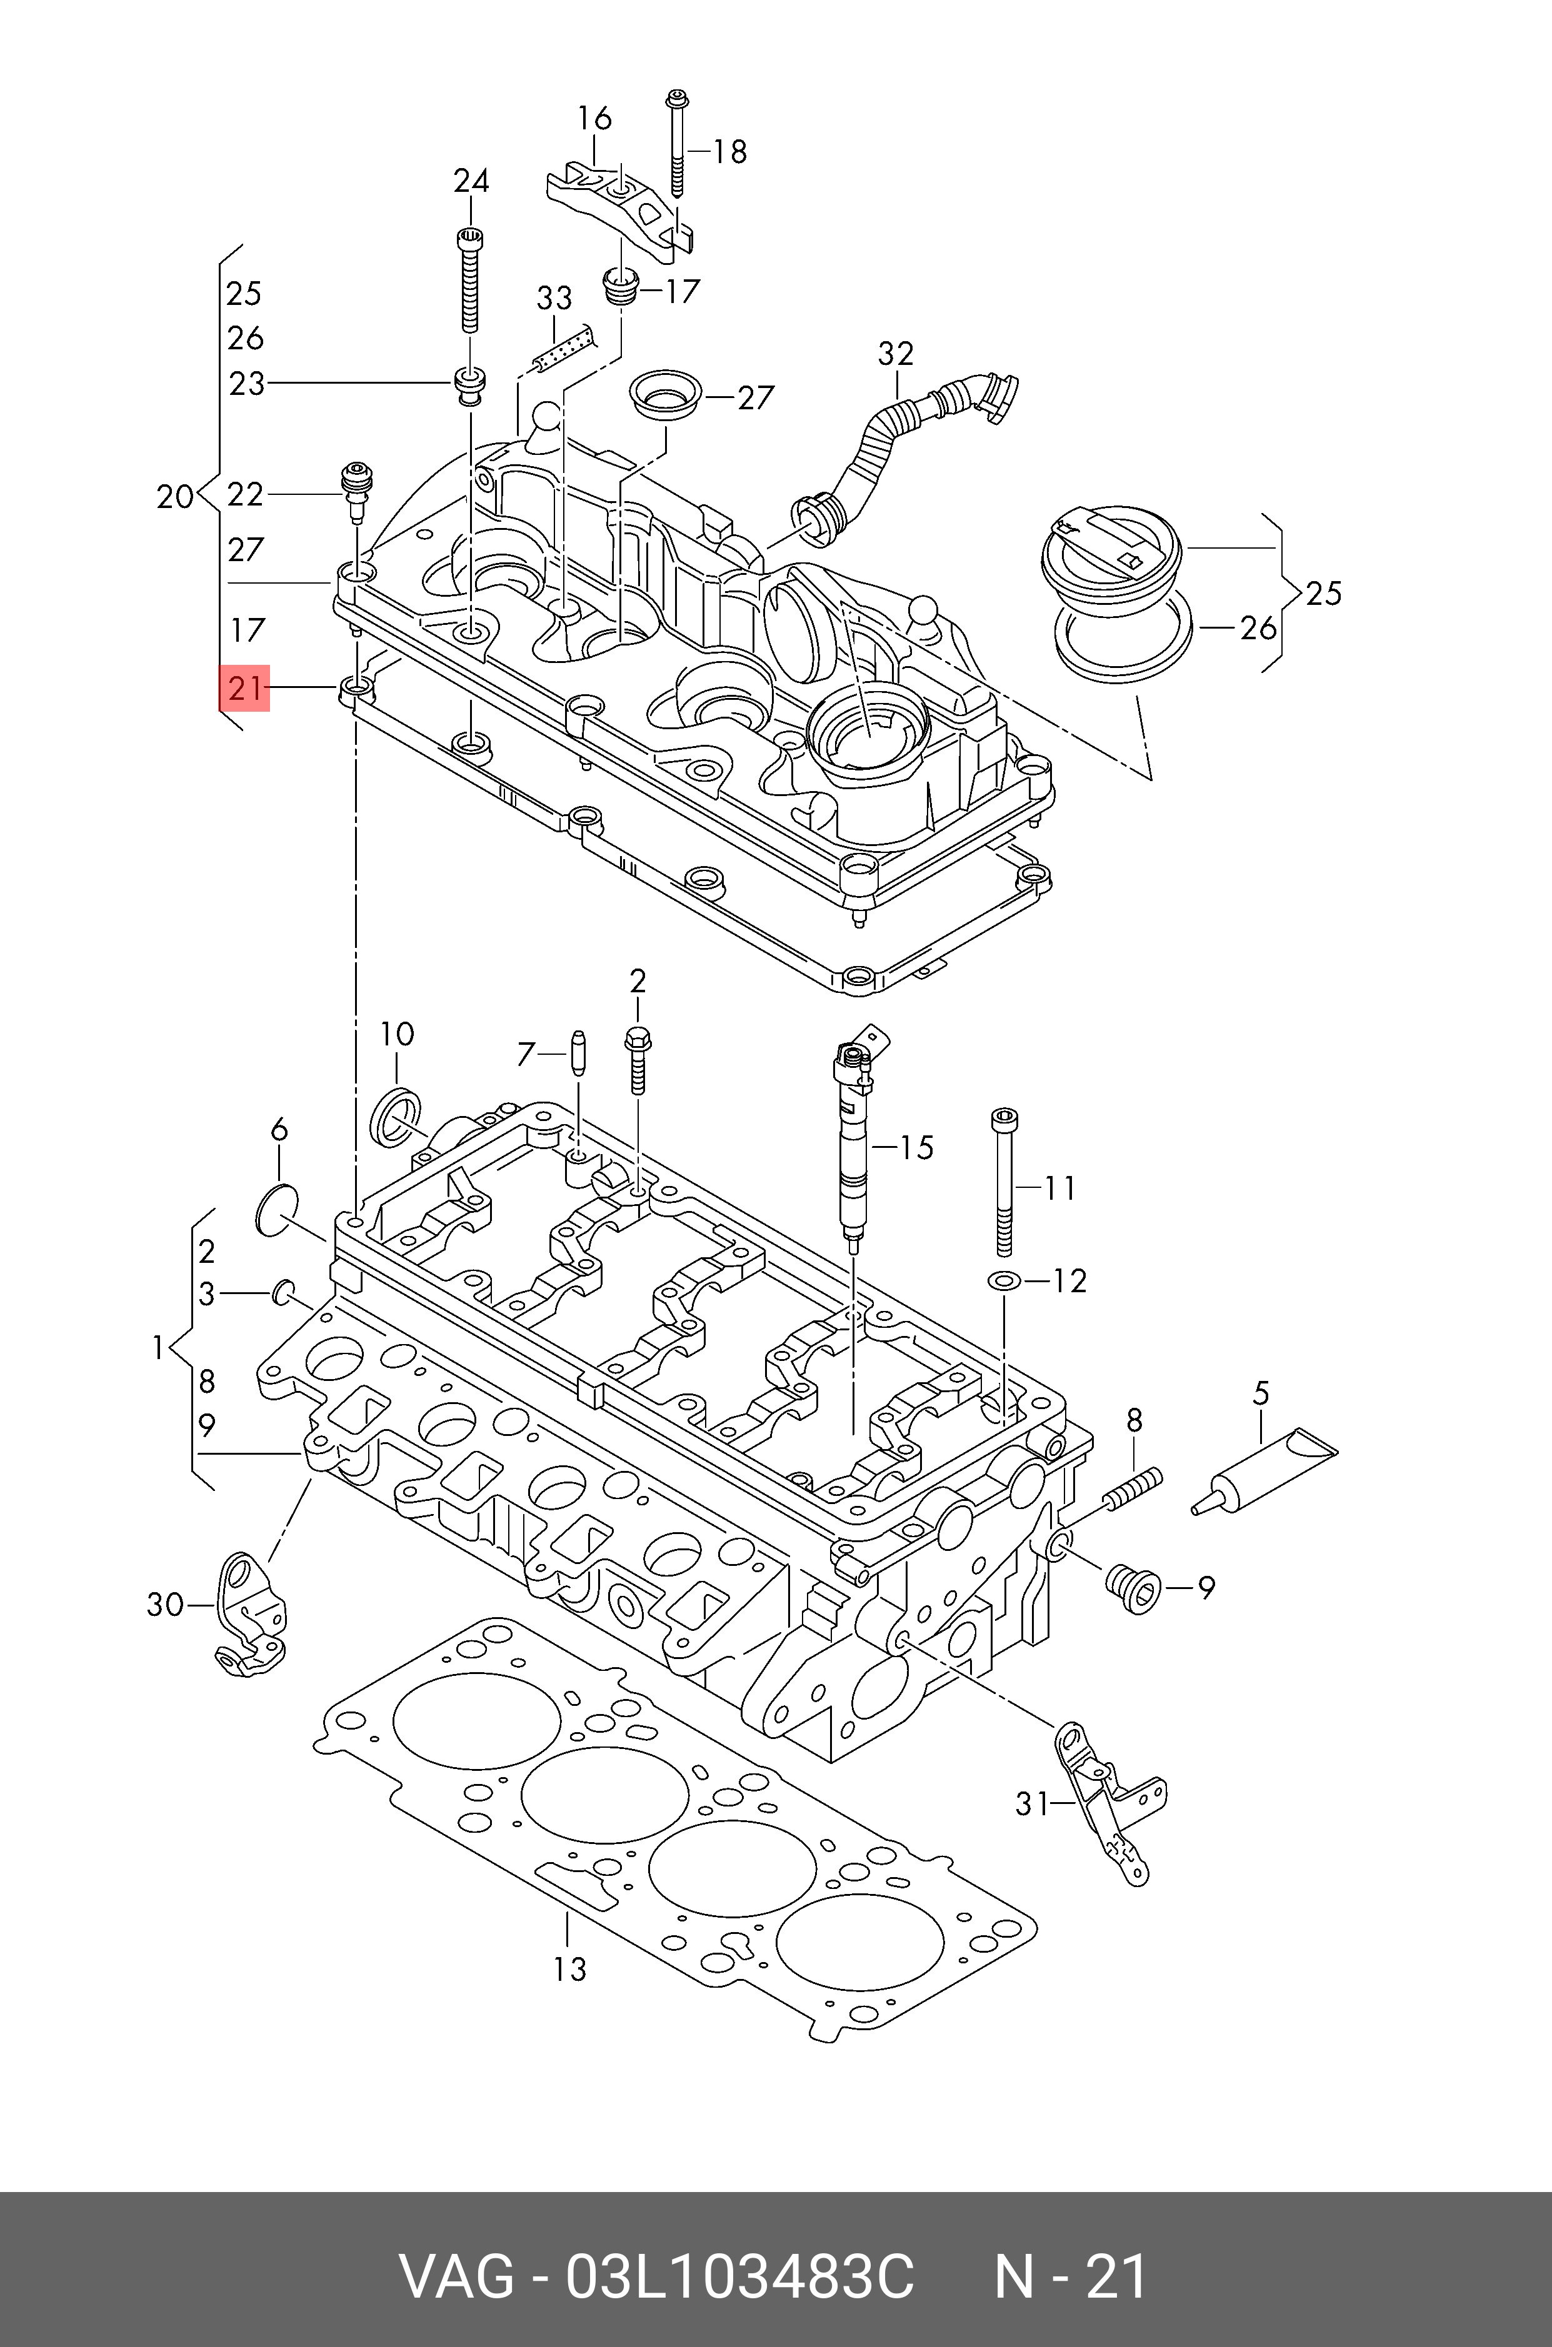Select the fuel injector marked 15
(852, 1138)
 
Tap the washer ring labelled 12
(1003, 1282)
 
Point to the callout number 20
(175, 496)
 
